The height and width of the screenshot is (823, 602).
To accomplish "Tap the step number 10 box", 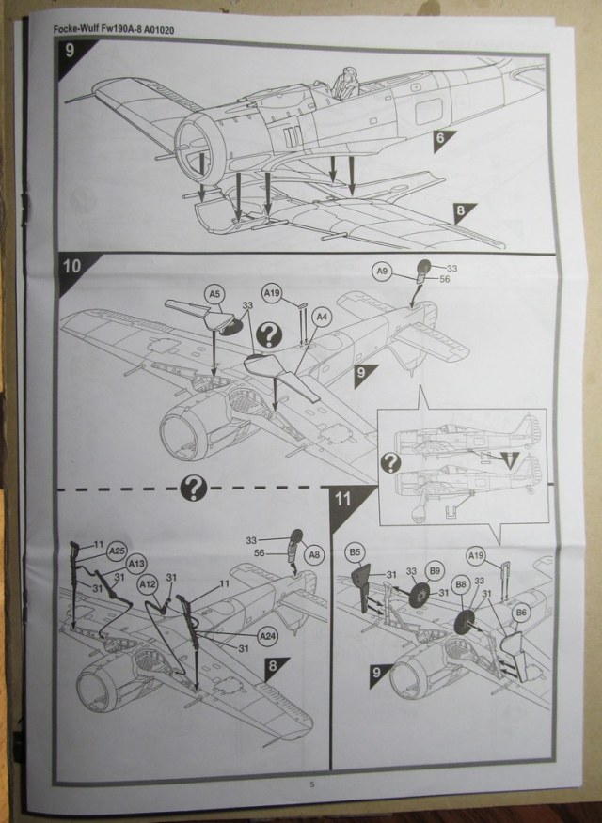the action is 71,265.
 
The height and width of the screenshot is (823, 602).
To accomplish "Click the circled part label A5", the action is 214,294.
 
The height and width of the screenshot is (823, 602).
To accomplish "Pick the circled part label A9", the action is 381,271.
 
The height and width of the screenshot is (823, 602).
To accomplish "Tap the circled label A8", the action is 315,553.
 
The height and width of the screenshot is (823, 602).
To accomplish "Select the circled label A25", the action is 117,550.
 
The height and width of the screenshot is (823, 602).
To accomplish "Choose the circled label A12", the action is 147,583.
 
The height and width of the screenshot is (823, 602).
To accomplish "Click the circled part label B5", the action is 356,550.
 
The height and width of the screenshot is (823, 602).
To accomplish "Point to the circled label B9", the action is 435,569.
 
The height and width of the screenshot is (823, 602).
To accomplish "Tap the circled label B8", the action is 460,583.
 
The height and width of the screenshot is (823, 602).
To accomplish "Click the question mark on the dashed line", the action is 195,486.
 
